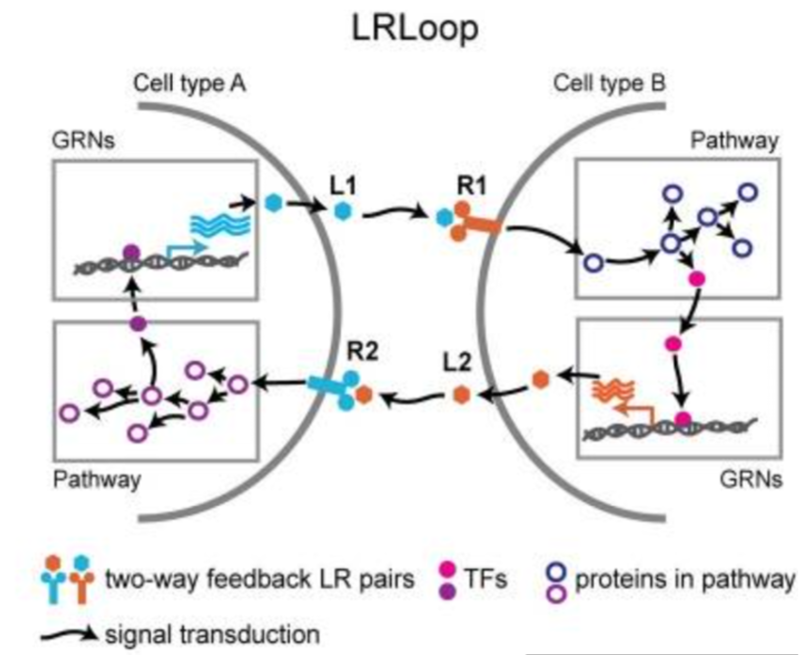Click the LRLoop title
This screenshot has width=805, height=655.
click(x=415, y=28)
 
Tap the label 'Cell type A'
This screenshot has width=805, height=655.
click(x=189, y=83)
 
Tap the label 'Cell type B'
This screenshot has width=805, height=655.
click(x=609, y=83)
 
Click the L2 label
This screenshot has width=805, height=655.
click(x=456, y=362)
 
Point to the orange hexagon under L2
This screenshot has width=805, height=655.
click(x=461, y=395)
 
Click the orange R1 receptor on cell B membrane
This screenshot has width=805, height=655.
click(x=473, y=222)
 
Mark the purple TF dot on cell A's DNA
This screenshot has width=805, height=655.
click(x=131, y=252)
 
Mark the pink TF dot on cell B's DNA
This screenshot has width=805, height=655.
click(x=683, y=419)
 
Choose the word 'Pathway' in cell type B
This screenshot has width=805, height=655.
click(x=734, y=140)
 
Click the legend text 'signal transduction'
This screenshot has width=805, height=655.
click(x=212, y=635)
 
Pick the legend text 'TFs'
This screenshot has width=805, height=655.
click(x=485, y=579)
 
